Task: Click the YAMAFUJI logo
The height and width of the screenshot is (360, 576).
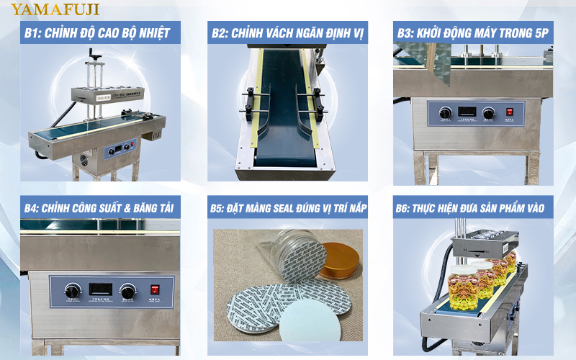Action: point(55,9)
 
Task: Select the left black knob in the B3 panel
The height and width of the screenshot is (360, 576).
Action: point(445,112)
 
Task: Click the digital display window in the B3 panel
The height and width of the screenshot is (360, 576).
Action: point(466,112)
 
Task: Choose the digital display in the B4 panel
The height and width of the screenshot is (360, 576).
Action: point(99,289)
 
